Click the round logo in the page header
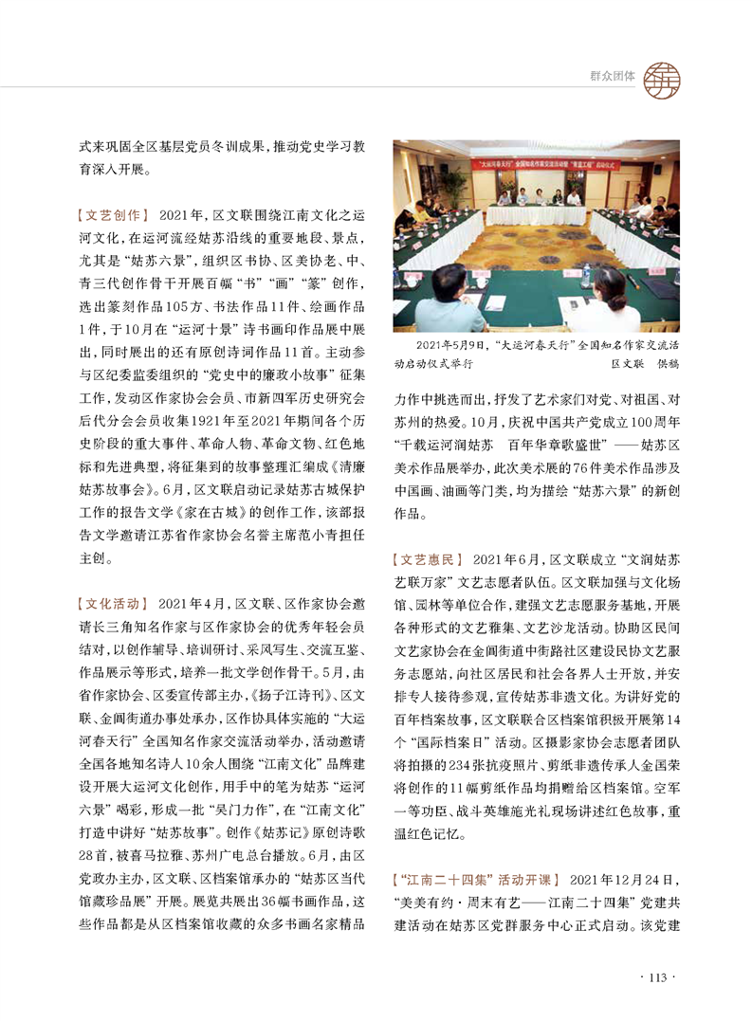click(x=663, y=76)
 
